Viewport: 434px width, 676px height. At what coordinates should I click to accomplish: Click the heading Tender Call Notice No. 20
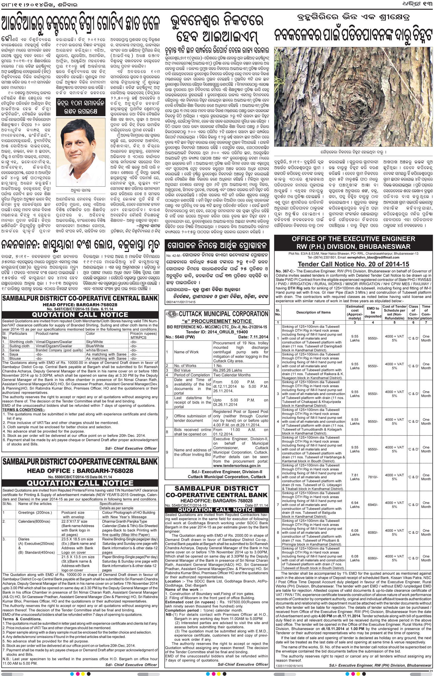354,264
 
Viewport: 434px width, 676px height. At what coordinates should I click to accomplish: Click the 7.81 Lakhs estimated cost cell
355,477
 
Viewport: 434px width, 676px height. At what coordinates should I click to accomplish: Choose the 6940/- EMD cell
373,505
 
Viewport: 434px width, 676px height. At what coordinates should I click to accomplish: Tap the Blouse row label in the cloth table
15,358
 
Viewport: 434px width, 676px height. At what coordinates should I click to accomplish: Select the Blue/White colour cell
95,346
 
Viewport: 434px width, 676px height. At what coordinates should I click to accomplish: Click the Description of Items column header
313,312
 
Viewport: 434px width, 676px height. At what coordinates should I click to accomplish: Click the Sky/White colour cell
94,342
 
